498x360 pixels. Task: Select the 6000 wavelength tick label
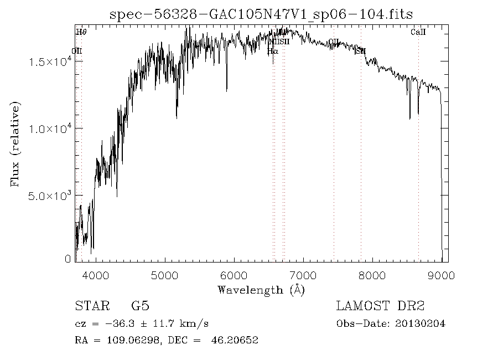235,275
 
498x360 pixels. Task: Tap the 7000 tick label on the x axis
303,275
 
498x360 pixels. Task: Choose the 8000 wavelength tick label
372,275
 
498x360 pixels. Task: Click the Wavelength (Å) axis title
261,290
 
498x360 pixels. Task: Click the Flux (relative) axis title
16,144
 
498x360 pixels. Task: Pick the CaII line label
418,33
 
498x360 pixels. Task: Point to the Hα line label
272,51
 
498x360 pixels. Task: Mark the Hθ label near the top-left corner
81,33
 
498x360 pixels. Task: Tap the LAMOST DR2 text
380,306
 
